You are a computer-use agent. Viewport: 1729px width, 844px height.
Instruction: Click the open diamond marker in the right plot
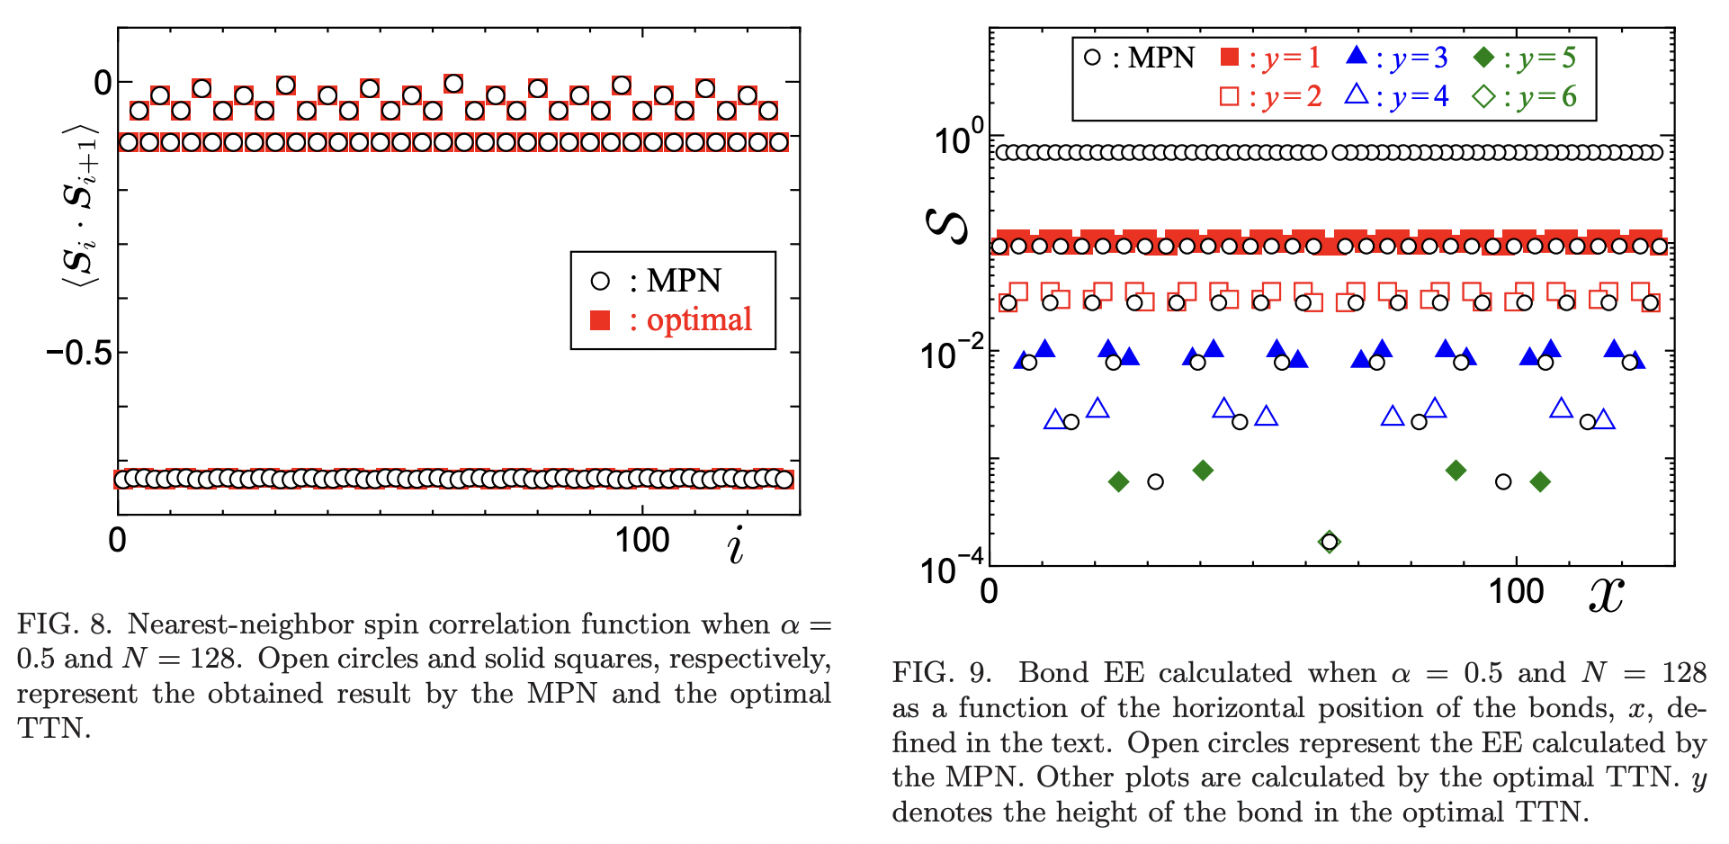click(x=1329, y=542)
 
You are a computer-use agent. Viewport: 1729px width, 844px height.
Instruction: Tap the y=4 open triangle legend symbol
click(x=1357, y=94)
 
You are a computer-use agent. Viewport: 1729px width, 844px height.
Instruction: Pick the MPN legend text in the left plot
click(x=684, y=281)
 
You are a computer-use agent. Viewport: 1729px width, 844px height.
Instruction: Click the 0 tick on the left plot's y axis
click(x=103, y=83)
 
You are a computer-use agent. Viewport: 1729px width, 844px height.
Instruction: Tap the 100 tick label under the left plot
click(x=641, y=540)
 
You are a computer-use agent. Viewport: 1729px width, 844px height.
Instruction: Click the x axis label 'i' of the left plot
click(x=736, y=545)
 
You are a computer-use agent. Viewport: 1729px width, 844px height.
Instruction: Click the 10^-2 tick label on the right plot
click(x=950, y=355)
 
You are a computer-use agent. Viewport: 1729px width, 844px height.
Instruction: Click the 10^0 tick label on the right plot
click(x=957, y=140)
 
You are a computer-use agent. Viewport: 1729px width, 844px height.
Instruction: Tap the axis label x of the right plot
click(x=1606, y=594)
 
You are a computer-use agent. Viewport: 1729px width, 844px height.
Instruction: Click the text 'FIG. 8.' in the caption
click(x=65, y=624)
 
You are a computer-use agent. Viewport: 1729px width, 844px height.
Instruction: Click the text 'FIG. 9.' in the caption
click(x=941, y=672)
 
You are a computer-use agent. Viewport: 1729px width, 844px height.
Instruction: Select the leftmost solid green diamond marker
click(x=1118, y=482)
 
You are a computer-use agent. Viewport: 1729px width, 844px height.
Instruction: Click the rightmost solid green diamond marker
click(x=1540, y=482)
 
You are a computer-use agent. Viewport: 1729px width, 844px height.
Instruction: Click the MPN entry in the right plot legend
click(x=1139, y=58)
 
